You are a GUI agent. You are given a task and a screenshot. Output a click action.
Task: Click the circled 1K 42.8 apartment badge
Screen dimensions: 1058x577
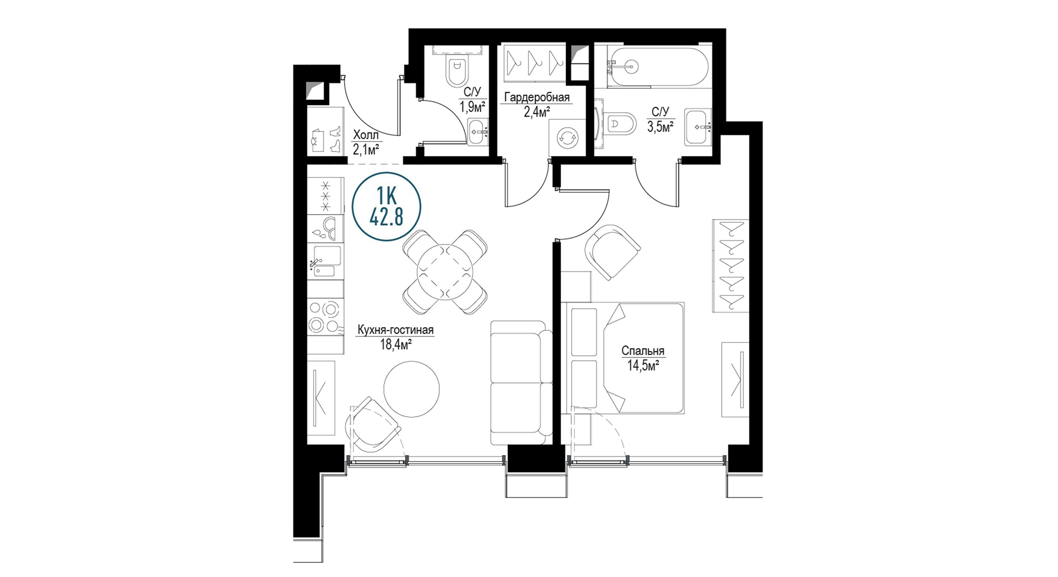pos(387,207)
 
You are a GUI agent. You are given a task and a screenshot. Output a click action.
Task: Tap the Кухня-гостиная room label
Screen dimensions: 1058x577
pos(395,330)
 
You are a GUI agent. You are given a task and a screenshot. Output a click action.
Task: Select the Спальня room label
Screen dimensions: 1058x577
pos(643,351)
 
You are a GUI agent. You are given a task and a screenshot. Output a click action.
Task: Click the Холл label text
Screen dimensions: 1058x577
pos(366,135)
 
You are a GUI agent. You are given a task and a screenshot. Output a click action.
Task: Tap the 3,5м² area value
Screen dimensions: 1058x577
pos(660,126)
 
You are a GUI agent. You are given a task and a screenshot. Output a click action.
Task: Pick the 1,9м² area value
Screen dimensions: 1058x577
pos(472,106)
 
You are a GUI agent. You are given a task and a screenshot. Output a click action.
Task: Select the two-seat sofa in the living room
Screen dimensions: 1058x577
pos(522,383)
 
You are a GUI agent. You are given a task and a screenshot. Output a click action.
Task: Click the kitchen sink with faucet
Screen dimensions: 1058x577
pos(325,262)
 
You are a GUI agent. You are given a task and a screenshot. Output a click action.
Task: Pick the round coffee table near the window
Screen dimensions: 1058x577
pos(411,389)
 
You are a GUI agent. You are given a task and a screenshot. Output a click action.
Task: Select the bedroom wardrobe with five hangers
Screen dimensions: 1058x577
pos(730,266)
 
